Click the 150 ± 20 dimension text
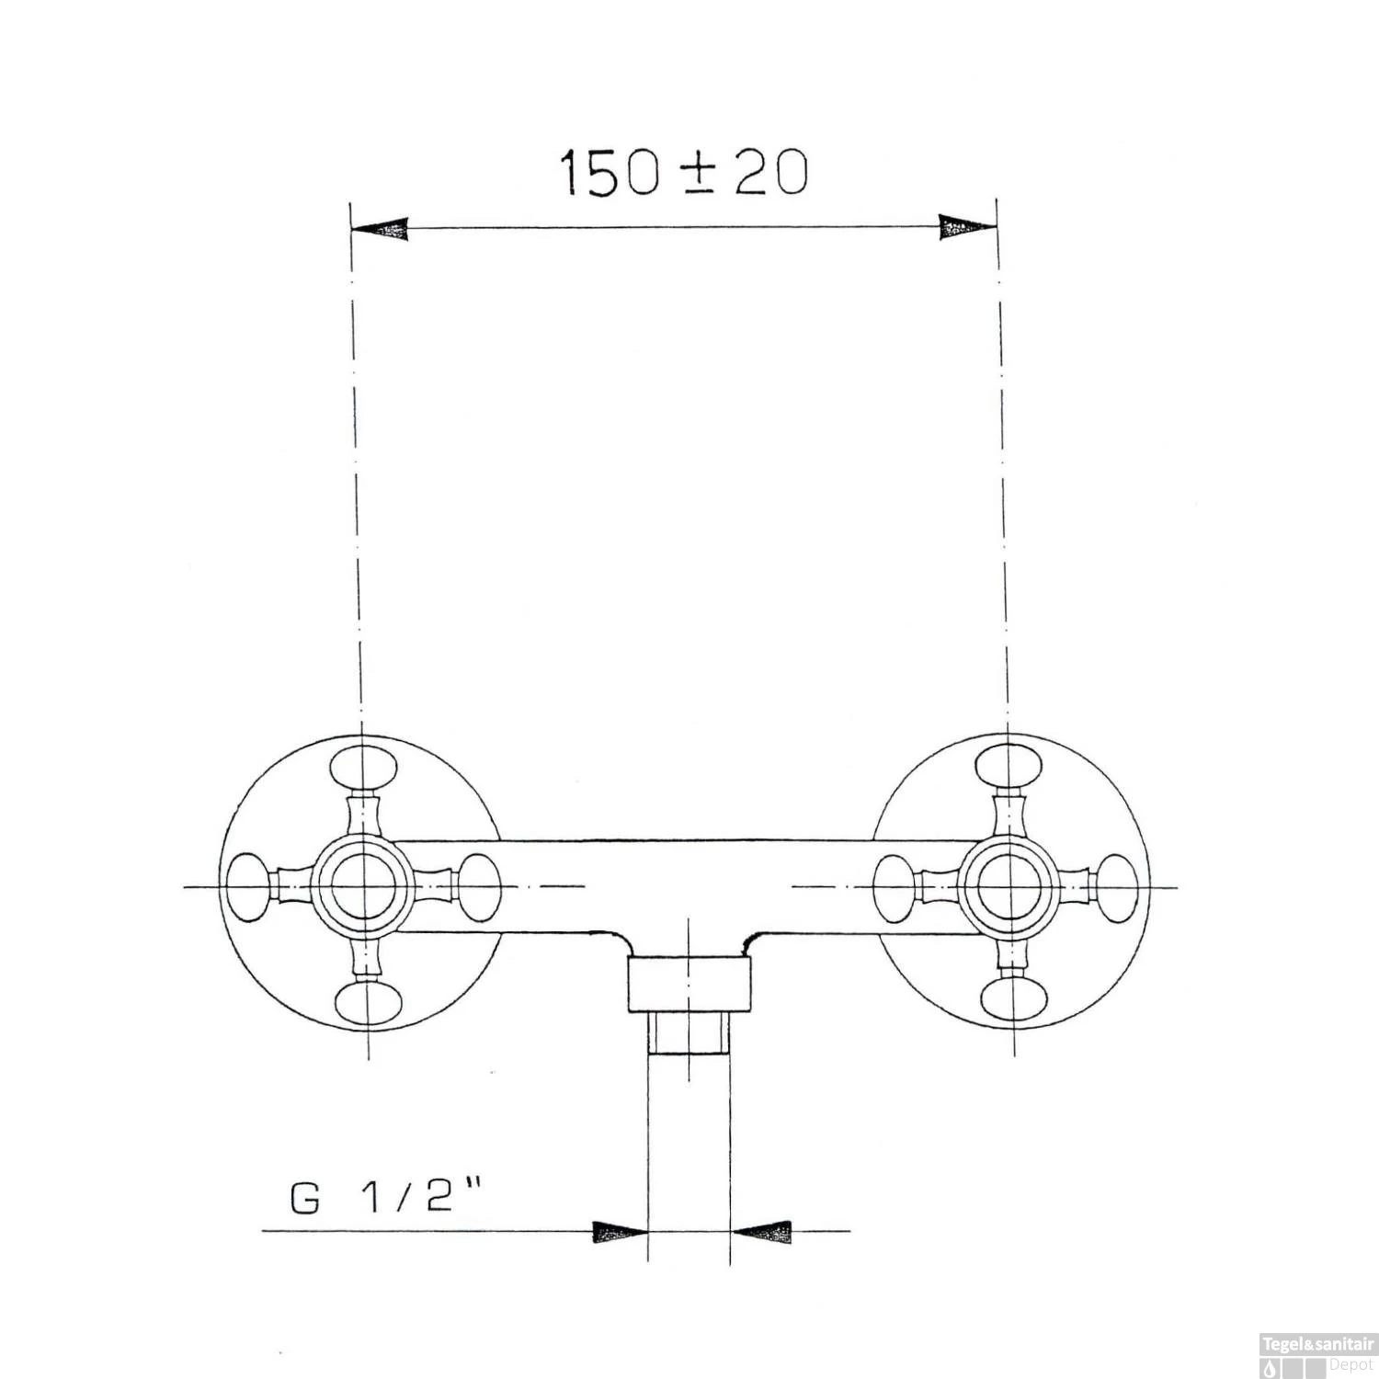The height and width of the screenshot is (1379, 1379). pos(684,173)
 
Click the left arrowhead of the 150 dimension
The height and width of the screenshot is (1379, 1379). pos(379,229)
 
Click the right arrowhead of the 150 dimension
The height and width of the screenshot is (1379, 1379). pos(968,227)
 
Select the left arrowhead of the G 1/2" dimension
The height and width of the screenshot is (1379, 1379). pos(621,1232)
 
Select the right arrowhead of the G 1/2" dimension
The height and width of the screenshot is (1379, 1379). pos(760,1231)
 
